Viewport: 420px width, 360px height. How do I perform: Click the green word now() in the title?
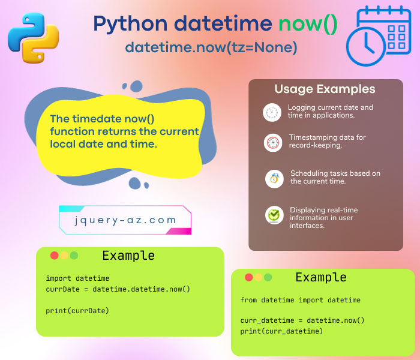pos(307,24)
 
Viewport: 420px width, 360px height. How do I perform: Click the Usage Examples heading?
pos(325,89)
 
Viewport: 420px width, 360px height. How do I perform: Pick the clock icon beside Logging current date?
pos(272,112)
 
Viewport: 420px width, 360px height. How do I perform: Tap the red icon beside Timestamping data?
pos(272,143)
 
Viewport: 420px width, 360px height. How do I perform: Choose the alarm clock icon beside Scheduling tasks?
pos(274,178)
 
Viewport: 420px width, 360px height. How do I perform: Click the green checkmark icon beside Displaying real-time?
pos(274,215)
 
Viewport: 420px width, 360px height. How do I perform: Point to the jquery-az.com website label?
pos(125,220)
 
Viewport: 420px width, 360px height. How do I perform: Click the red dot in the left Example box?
pos(55,256)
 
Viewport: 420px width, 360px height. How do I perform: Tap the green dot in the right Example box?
pos(268,277)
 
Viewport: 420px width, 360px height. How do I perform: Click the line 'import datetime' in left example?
pos(77,278)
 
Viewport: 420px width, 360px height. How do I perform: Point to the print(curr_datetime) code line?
pos(281,331)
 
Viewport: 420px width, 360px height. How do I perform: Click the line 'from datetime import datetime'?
pos(300,299)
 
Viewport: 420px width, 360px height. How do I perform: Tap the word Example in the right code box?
pos(321,277)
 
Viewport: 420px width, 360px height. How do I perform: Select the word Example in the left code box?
pos(128,256)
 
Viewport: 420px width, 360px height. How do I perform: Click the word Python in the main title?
pos(130,24)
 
